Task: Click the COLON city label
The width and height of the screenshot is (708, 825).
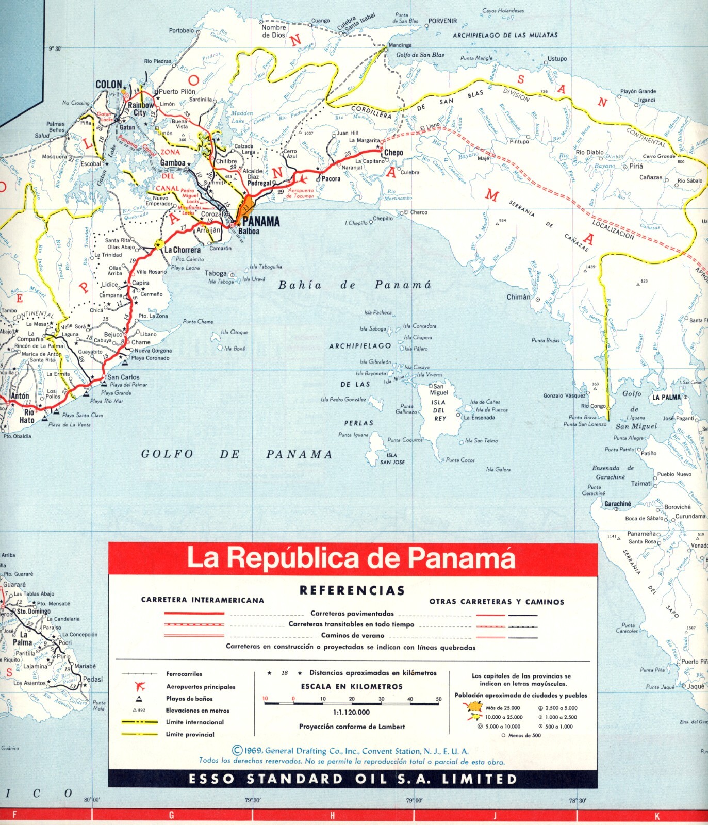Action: (x=109, y=85)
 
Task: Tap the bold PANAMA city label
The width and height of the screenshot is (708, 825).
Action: (x=261, y=222)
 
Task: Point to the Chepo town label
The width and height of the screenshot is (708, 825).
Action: (x=393, y=153)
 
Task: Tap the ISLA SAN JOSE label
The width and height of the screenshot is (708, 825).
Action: (x=392, y=459)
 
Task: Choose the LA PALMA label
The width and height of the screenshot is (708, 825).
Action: (x=666, y=398)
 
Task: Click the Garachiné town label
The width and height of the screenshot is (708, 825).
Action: (x=617, y=504)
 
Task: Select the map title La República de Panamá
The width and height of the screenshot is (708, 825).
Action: (x=351, y=558)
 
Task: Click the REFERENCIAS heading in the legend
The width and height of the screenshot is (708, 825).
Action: (x=352, y=590)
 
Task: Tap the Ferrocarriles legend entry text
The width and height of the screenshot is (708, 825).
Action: (x=184, y=674)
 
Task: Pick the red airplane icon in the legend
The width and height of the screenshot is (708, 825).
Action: (x=140, y=686)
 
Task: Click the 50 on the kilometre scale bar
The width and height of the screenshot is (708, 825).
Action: (x=439, y=699)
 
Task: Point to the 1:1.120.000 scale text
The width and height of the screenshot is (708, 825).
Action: (x=351, y=712)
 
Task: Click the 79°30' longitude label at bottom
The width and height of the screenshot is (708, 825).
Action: (x=252, y=800)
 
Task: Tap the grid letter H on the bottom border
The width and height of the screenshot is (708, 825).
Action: (x=333, y=815)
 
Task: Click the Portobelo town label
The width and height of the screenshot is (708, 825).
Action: (x=182, y=31)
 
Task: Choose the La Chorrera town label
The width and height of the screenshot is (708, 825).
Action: (x=182, y=250)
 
